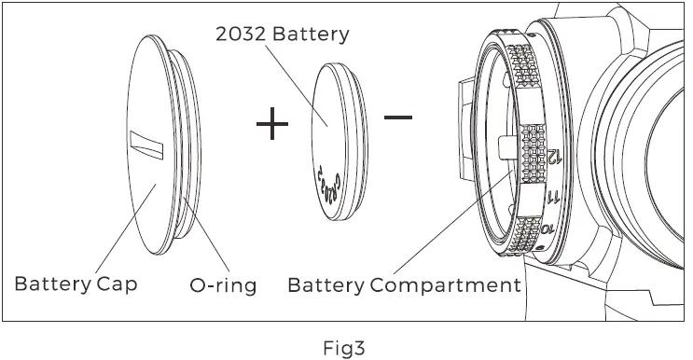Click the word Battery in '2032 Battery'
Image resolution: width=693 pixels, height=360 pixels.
(311, 35)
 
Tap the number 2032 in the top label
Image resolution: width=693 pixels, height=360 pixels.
(241, 35)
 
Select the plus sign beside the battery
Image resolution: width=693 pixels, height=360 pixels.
(272, 123)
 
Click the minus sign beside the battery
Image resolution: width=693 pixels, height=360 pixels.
(397, 118)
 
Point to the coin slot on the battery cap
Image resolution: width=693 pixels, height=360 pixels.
(146, 145)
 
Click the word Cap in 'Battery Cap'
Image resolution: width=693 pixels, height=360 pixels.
(117, 284)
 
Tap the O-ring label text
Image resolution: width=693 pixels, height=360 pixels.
(223, 285)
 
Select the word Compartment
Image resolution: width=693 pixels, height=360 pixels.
(446, 284)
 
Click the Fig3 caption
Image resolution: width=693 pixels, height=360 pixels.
(344, 348)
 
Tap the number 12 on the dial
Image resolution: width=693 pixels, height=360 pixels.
(555, 156)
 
